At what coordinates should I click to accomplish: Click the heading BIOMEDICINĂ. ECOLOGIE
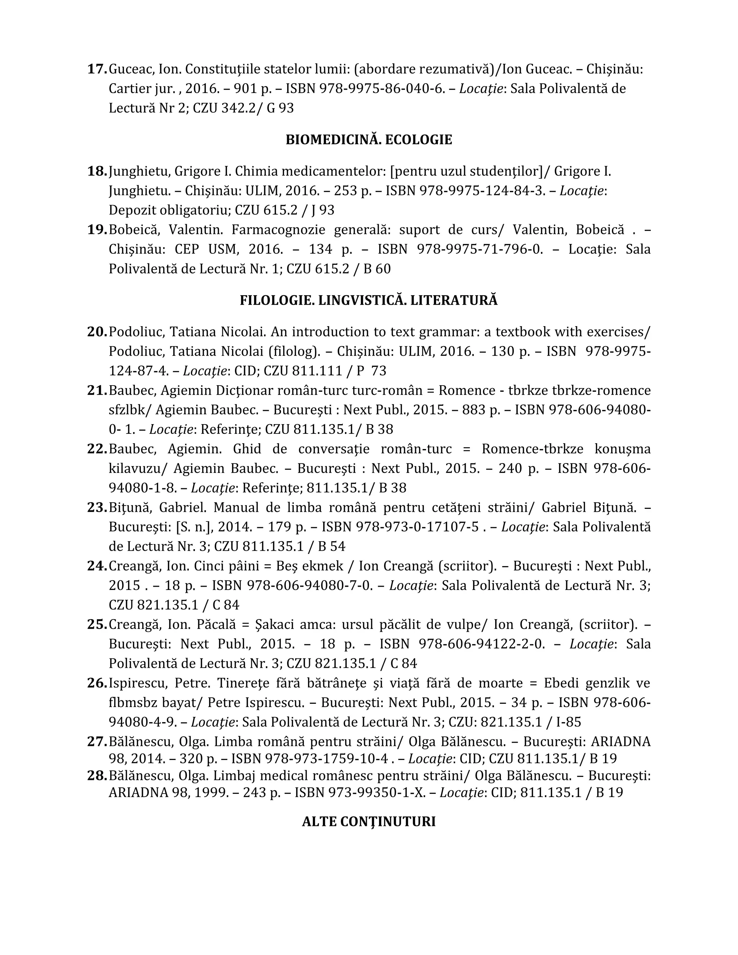coord(369,140)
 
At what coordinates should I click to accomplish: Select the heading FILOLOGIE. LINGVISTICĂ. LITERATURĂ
coord(369,301)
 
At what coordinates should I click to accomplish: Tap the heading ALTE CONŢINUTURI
coord(369,822)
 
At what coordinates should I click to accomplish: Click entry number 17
coord(97,69)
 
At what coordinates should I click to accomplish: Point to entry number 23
coord(97,508)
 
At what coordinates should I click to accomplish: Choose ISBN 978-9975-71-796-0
coord(480,249)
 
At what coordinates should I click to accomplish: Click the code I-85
coord(568,722)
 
